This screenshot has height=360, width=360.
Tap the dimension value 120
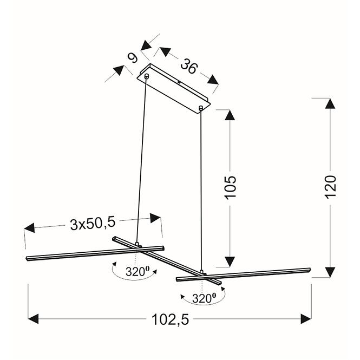[331, 186]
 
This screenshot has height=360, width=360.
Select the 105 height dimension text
[231, 187]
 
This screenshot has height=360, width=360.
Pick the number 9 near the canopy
[132, 57]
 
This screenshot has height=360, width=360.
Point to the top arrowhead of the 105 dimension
[230, 115]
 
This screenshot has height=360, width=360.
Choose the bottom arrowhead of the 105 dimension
[230, 261]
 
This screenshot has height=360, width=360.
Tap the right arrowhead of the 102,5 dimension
[306, 319]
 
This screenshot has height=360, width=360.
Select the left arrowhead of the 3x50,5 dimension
[29, 228]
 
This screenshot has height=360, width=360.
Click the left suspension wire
[142, 162]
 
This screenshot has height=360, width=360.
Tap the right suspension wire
[201, 189]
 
